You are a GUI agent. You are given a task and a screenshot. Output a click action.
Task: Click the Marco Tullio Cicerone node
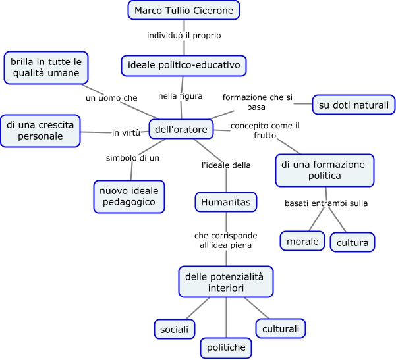184,11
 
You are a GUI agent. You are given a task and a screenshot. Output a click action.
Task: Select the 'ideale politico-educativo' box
184,65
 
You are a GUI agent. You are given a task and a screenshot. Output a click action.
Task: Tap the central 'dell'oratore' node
181,130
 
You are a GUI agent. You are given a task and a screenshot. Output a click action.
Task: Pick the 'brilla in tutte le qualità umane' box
46,68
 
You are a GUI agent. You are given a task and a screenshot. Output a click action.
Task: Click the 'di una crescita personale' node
40,130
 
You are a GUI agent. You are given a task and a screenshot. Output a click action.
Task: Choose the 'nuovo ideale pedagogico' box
128,196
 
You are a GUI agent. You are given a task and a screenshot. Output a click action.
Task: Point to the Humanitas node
225,202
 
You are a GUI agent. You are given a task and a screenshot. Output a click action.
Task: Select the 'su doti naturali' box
353,104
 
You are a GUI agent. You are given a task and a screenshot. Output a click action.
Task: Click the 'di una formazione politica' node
324,170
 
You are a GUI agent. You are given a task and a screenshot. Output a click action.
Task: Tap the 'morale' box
302,242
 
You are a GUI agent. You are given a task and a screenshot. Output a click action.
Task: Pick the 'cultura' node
353,242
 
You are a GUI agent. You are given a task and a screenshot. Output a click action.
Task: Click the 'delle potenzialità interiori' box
226,282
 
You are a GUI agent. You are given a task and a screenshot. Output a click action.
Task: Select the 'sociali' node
175,328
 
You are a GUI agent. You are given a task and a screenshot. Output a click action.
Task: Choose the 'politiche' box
226,347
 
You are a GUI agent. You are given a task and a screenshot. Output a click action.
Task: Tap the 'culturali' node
281,328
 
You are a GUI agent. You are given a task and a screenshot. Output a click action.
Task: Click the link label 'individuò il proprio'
184,35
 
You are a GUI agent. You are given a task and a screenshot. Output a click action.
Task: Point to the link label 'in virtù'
126,132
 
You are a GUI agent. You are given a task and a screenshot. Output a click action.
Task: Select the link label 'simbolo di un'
133,158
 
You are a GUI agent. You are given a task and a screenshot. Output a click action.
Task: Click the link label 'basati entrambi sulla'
326,203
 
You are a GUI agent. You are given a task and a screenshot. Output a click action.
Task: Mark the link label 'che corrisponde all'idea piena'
226,240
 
